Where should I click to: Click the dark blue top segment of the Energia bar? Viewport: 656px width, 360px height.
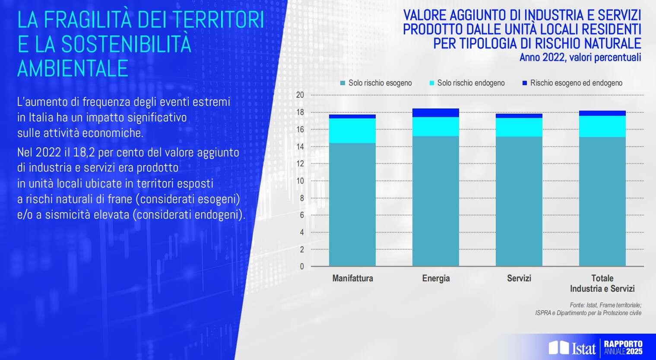coord(435,113)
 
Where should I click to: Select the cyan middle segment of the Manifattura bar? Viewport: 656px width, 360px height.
coord(352,131)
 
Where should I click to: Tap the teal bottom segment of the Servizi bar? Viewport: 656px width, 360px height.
coord(519,201)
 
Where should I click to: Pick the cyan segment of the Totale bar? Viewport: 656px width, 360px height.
coord(602,126)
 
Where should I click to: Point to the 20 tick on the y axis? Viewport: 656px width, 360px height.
coord(300,95)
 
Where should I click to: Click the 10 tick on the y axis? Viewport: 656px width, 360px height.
coord(300,181)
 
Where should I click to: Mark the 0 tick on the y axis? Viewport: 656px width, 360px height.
coord(302,267)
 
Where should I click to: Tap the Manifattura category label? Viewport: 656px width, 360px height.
coord(352,278)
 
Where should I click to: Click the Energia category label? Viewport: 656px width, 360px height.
coord(436,278)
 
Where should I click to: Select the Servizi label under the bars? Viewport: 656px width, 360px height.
coord(519,278)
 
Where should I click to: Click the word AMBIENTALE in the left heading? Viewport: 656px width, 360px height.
coord(73,68)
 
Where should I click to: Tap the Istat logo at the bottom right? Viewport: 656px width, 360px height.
coord(572,348)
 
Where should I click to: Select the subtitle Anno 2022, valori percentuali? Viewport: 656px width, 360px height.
coord(580,57)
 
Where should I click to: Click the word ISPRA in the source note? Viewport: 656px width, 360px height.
coord(543,313)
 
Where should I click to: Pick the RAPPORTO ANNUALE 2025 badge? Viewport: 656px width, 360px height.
coord(623,347)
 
